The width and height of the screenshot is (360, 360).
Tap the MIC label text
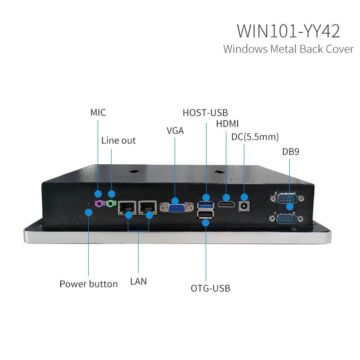coord(98,112)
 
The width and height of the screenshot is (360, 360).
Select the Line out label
coord(118,140)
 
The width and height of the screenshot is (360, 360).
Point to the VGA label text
coord(175,131)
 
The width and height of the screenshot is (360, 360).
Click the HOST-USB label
coord(205,112)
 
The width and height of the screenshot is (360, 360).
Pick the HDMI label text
coord(227,124)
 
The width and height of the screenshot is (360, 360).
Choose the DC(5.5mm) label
coord(255,136)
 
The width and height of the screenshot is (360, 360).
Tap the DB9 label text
coord(291,152)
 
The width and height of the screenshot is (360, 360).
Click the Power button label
coord(89,284)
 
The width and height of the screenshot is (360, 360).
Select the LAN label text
coord(138,281)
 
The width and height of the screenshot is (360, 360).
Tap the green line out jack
coord(110,204)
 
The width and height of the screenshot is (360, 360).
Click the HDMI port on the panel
coord(226,204)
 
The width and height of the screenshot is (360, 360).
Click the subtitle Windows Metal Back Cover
coord(288,49)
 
